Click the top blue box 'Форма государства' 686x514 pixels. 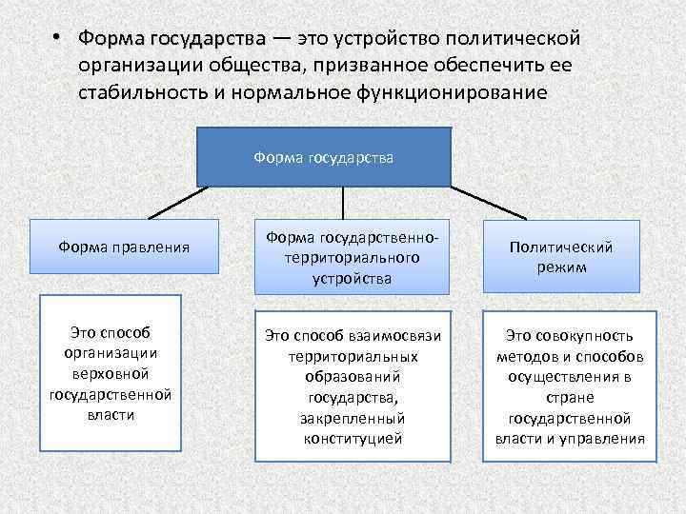(x=324, y=156)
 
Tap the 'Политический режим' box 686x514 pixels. (x=561, y=257)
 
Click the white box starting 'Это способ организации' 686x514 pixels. (x=109, y=373)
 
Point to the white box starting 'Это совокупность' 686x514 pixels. (x=569, y=386)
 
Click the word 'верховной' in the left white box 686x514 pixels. (x=109, y=372)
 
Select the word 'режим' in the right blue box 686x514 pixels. (x=561, y=267)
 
